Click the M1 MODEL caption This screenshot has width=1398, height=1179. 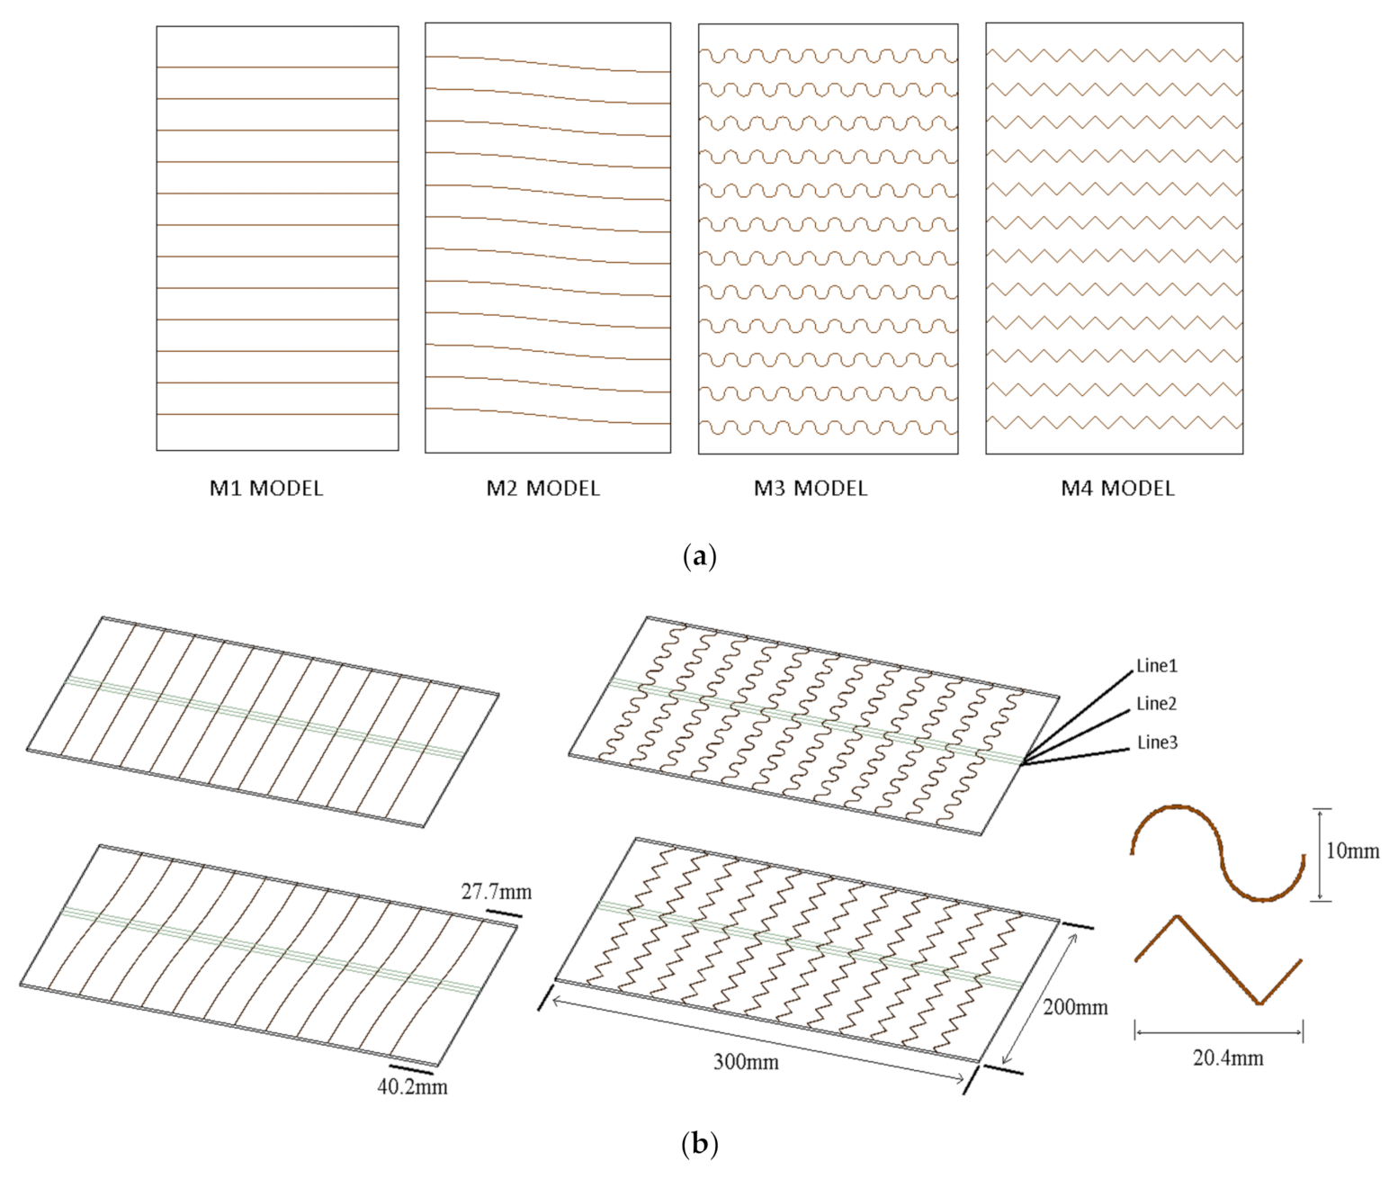pyautogui.click(x=265, y=489)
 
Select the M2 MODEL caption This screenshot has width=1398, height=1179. pyautogui.click(x=542, y=489)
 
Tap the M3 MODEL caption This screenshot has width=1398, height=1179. pyautogui.click(x=811, y=489)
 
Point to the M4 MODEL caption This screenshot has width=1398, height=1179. pyautogui.click(x=1117, y=489)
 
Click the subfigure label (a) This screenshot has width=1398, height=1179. pyautogui.click(x=699, y=555)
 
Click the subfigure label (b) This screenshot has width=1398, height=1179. pyautogui.click(x=699, y=1145)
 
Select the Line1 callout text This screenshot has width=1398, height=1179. pyautogui.click(x=1156, y=666)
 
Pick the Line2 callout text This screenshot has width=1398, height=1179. pyautogui.click(x=1156, y=704)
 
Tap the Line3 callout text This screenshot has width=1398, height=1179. pyautogui.click(x=1157, y=742)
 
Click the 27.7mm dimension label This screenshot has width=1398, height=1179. pyautogui.click(x=496, y=892)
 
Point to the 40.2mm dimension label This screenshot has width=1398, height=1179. pyautogui.click(x=412, y=1087)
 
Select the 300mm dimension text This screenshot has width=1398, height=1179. pyautogui.click(x=746, y=1062)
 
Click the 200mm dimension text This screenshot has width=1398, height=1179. pyautogui.click(x=1075, y=1007)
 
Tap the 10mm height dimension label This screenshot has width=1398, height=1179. pyautogui.click(x=1352, y=850)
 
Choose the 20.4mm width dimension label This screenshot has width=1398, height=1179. pyautogui.click(x=1228, y=1058)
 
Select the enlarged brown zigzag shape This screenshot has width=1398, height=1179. pyautogui.click(x=1217, y=958)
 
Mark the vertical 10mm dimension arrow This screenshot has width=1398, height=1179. pyautogui.click(x=1320, y=854)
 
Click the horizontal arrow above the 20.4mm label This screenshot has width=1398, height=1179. pyautogui.click(x=1219, y=1032)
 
